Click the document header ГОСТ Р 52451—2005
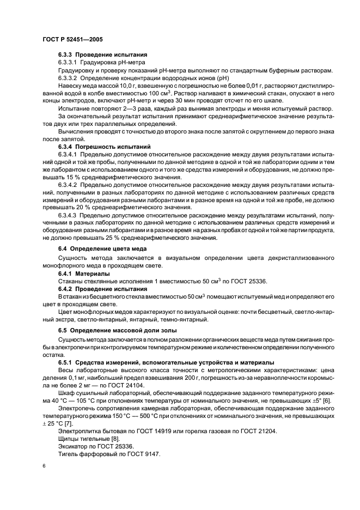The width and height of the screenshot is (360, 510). tap(73, 40)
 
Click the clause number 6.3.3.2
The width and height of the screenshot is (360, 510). tap(71, 78)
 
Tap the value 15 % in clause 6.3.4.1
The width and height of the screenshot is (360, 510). tap(65, 178)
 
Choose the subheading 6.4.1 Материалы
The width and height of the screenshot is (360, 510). tap(83, 273)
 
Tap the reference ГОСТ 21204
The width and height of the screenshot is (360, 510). tap(258, 430)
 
